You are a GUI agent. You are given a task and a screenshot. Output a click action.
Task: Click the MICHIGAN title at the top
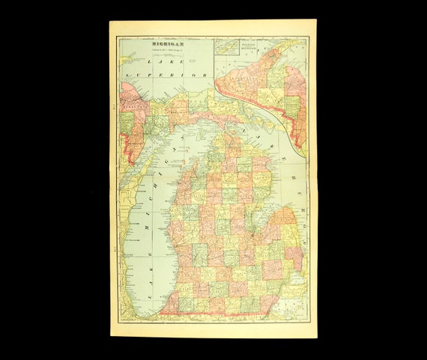(x=169, y=43)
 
